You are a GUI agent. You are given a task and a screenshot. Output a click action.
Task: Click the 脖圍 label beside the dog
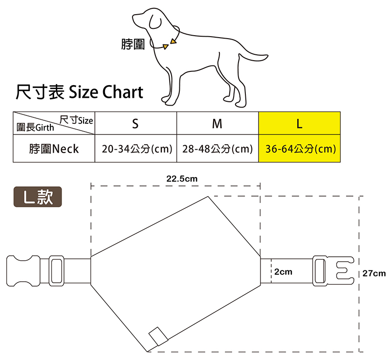(133, 45)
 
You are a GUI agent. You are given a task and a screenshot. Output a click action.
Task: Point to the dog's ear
(155, 20)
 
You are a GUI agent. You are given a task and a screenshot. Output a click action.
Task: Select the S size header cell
(135, 124)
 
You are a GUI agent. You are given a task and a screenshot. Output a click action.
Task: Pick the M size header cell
(217, 124)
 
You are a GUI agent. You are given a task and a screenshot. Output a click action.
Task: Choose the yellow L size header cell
(299, 124)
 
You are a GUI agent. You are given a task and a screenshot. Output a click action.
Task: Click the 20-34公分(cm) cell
(135, 149)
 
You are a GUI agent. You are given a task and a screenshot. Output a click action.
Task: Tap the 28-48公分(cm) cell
(217, 149)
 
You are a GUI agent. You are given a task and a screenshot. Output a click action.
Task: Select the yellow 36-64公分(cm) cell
(299, 149)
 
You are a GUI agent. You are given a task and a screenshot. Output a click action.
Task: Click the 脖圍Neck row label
(53, 149)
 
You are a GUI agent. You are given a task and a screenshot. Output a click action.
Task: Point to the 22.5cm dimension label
(182, 179)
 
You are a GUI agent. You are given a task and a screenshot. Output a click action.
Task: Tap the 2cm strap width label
(283, 271)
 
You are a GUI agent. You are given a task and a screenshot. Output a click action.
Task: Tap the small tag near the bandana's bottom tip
(158, 336)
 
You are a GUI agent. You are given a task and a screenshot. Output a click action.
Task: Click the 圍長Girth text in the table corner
(35, 128)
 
